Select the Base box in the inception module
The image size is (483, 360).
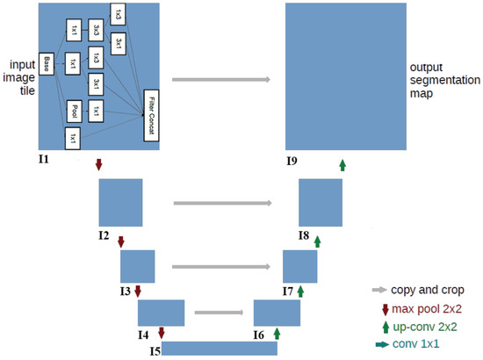pyautogui.click(x=47, y=63)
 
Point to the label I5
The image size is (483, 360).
pyautogui.click(x=155, y=351)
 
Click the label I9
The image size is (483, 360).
pyautogui.click(x=292, y=162)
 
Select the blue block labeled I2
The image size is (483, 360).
pyautogui.click(x=120, y=202)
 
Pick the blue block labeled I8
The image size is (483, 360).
pyautogui.click(x=321, y=202)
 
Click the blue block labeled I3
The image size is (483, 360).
pyautogui.click(x=137, y=266)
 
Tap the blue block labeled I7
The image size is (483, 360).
pyautogui.click(x=299, y=266)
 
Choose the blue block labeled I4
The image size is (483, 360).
pyautogui.click(x=162, y=313)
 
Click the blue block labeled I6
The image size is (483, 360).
pyautogui.click(x=278, y=313)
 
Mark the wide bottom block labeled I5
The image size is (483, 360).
pyautogui.click(x=220, y=349)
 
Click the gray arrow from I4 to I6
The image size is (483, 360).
pyautogui.click(x=219, y=311)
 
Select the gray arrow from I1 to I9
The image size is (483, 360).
pyautogui.click(x=219, y=80)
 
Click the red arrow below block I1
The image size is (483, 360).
pyautogui.click(x=98, y=164)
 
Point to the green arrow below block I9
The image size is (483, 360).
pyautogui.click(x=342, y=164)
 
